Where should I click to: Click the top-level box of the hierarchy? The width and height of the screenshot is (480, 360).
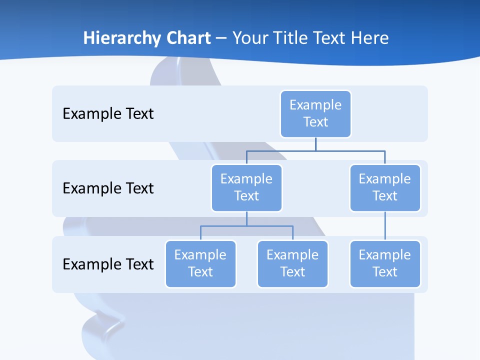pos(315,113)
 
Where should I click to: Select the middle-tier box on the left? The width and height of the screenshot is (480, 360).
pos(246,187)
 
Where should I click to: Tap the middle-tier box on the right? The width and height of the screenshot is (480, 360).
pos(385,187)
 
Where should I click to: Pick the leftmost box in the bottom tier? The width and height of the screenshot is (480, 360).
pos(200,263)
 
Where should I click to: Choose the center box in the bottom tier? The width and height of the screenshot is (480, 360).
pos(292,263)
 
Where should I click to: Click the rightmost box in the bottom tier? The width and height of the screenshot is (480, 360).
pos(385,263)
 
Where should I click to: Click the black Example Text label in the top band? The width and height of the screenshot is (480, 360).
pos(108,113)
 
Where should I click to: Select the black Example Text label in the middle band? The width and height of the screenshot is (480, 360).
pos(108,188)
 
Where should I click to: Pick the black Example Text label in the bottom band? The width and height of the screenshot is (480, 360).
pos(108,264)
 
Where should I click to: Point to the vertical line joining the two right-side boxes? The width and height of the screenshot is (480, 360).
pos(385,226)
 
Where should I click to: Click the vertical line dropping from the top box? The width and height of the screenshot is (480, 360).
pos(315,144)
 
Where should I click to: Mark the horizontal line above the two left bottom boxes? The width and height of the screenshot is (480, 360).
pos(246,226)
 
